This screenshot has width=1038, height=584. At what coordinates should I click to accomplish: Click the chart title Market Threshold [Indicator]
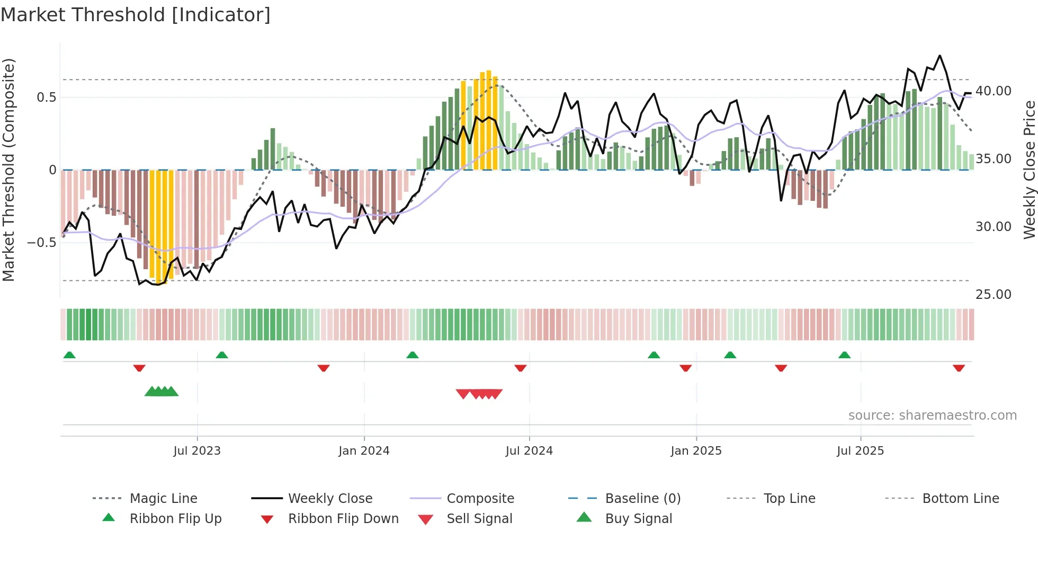[x=136, y=15]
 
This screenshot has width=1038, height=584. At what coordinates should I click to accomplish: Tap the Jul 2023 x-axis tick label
[x=197, y=451]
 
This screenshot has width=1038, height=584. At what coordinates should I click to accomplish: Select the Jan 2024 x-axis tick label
[x=364, y=451]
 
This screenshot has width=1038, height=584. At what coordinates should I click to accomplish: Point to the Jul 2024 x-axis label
[x=529, y=451]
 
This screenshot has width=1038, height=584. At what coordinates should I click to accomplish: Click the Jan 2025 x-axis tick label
[x=696, y=451]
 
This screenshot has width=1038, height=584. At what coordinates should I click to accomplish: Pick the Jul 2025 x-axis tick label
[x=860, y=451]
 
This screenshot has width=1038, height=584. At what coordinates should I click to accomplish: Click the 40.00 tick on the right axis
[x=994, y=91]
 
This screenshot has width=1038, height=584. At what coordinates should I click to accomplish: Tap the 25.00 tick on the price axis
[x=994, y=295]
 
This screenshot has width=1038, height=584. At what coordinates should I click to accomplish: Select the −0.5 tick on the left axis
[x=41, y=243]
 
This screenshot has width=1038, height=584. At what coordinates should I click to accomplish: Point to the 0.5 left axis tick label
[x=46, y=98]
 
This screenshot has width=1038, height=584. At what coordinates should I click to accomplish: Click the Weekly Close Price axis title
[x=1029, y=170]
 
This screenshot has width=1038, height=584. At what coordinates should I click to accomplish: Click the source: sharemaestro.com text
[x=932, y=415]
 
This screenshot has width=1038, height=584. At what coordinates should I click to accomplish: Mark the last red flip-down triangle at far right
[x=959, y=368]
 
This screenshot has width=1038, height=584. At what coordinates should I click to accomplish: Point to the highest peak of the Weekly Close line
[x=940, y=56]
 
